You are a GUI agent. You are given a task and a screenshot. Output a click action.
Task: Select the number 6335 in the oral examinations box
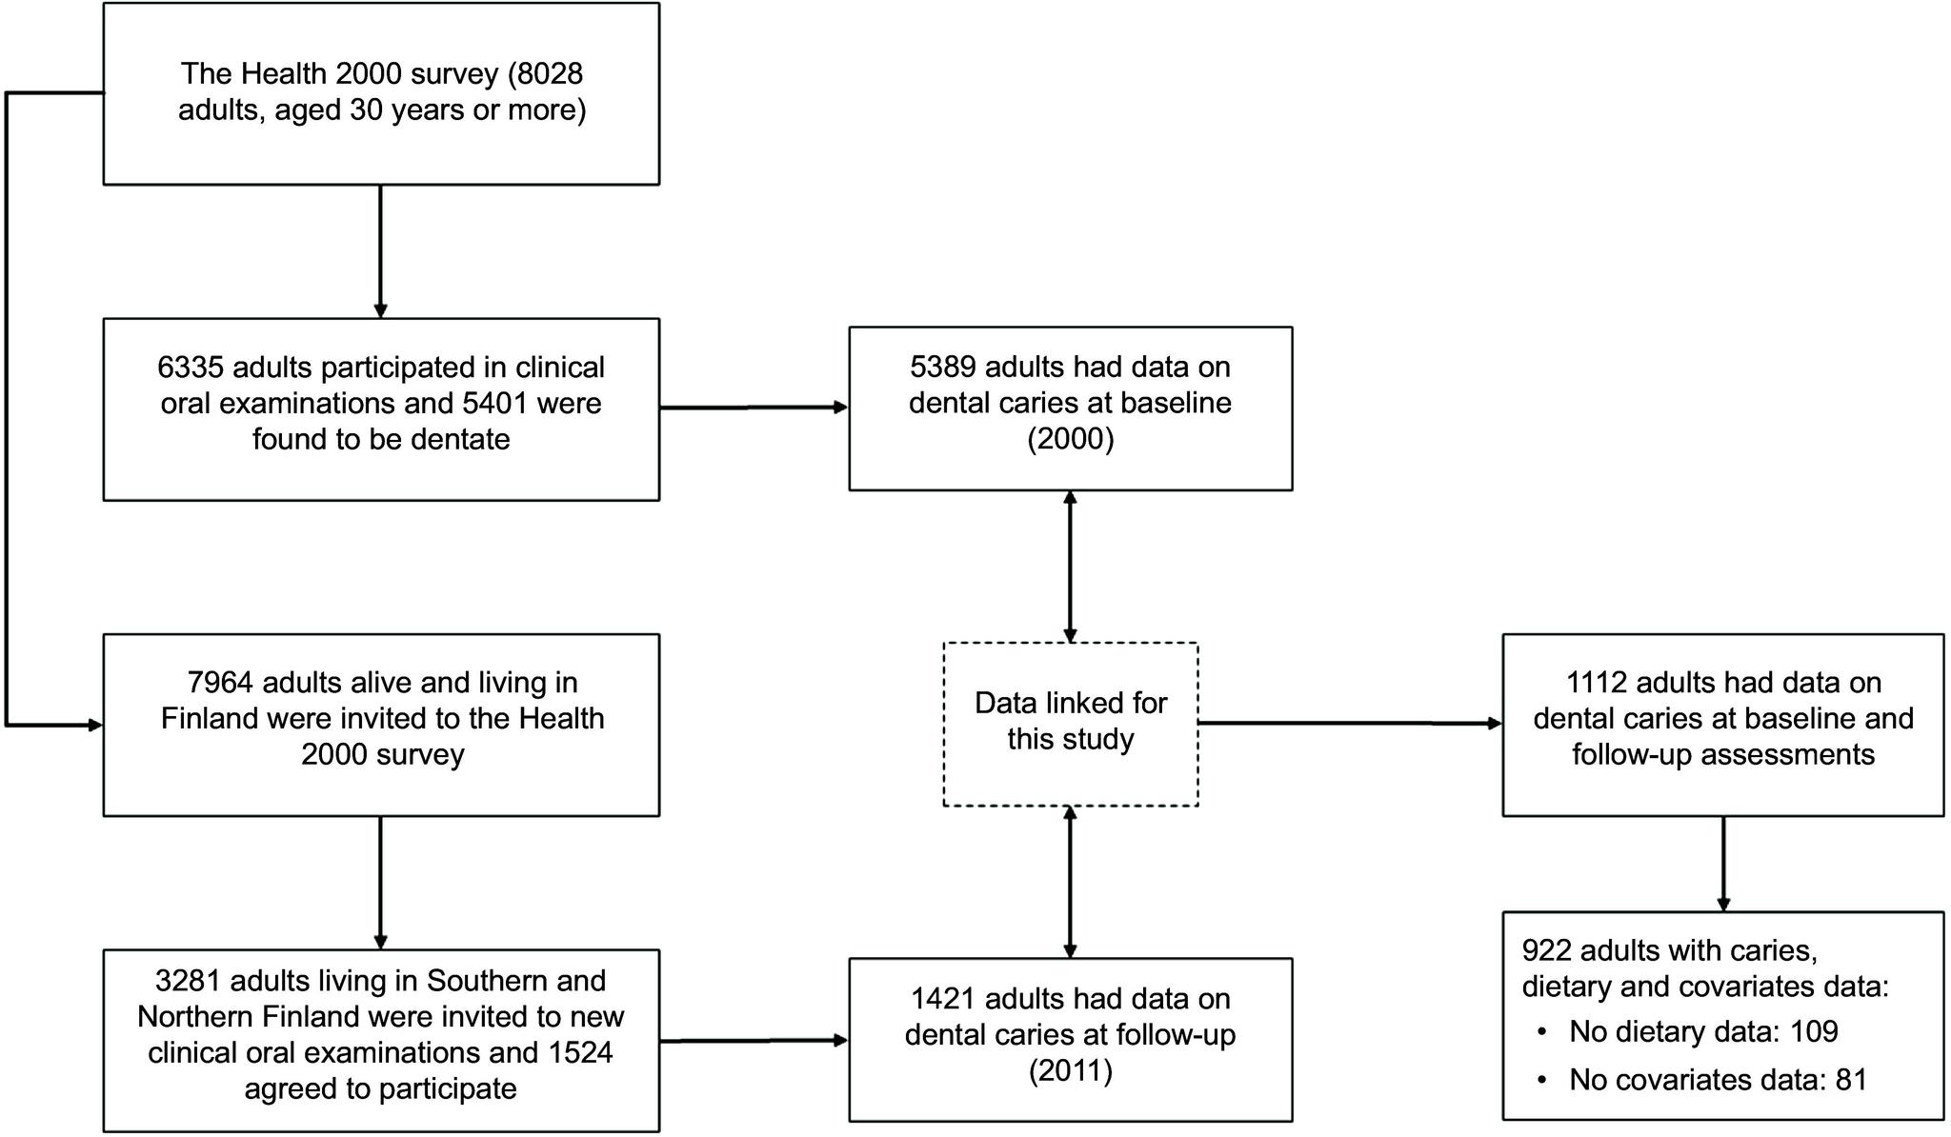click(190, 368)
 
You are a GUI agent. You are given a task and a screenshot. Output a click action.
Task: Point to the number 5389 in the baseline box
click(943, 367)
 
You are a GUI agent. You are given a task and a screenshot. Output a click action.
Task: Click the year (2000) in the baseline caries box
click(1070, 439)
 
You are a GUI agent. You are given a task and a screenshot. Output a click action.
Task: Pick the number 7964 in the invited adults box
click(220, 683)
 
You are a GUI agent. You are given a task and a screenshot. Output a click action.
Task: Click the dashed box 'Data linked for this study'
click(1070, 723)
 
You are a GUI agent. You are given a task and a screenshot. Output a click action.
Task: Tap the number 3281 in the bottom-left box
click(188, 981)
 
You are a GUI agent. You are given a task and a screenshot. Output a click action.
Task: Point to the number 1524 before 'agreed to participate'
click(579, 1052)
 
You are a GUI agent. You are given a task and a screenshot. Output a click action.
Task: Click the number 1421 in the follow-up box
click(943, 999)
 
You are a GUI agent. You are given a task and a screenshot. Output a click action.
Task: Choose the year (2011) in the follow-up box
click(1070, 1071)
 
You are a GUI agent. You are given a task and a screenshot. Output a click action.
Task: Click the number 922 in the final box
click(1546, 950)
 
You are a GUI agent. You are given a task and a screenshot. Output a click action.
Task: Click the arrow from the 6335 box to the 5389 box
click(753, 408)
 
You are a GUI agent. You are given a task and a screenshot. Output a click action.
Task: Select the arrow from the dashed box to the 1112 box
click(1349, 723)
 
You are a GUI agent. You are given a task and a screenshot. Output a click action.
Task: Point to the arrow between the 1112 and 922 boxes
click(1722, 863)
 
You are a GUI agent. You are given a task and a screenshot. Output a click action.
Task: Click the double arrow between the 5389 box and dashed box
click(1070, 567)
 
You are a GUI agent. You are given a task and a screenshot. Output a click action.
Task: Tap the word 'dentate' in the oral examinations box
click(461, 439)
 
